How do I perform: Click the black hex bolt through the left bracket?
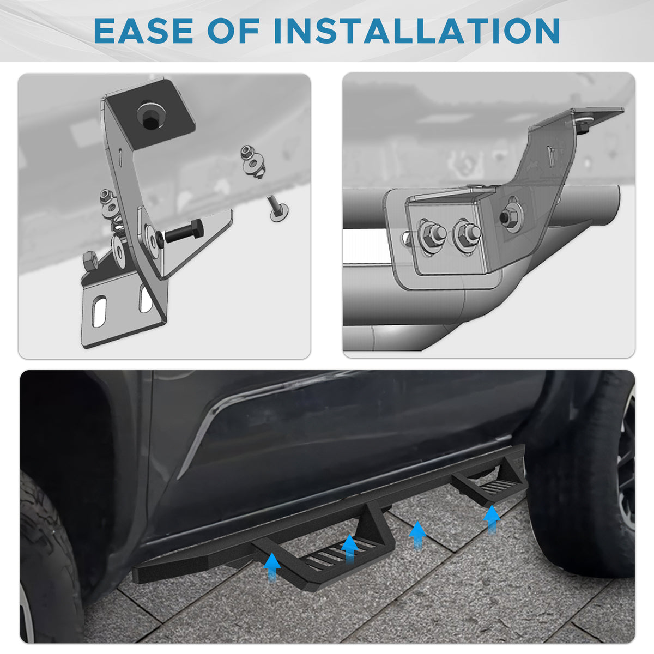point(184,232)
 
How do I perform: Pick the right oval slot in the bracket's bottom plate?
point(146,298)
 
